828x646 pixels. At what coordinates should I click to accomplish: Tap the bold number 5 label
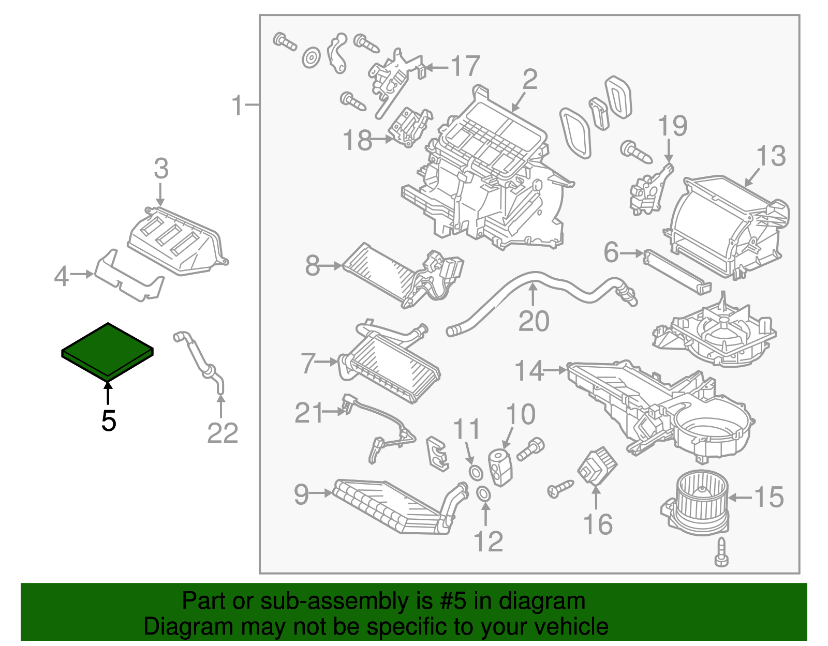coord(109,421)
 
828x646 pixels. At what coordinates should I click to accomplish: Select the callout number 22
coord(223,433)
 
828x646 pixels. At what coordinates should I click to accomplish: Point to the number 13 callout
coord(771,156)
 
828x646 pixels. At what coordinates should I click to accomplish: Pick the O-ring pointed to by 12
coord(483,494)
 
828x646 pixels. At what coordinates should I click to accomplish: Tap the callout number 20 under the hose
coord(534,322)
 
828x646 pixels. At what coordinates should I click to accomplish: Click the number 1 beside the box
coord(237,106)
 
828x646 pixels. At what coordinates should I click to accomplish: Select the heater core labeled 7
coord(391,365)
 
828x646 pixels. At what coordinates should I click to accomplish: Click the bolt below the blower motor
coord(721,552)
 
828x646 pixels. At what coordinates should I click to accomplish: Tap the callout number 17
coord(465,66)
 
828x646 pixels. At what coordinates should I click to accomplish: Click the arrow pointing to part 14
coord(556,370)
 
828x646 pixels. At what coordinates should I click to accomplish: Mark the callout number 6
coord(611,253)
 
